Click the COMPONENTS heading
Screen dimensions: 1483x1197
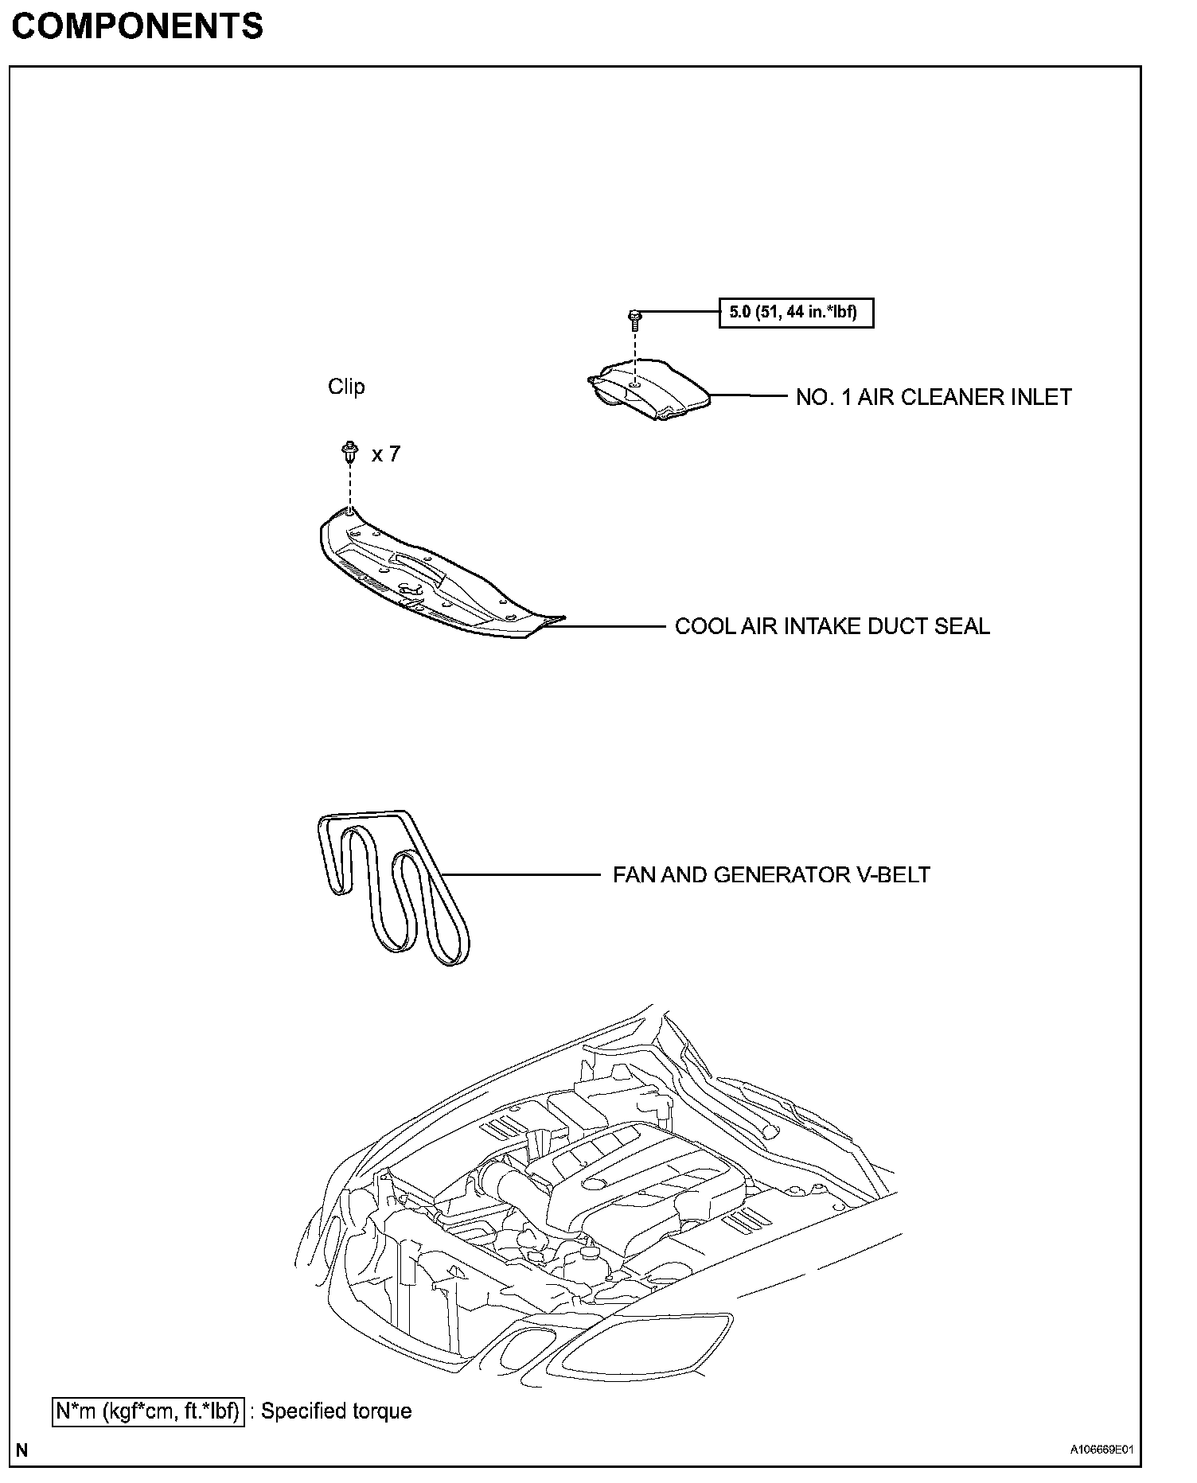[x=137, y=27]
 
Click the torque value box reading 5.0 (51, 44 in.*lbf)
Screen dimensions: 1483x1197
[x=795, y=313]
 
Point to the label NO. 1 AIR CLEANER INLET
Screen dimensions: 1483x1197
[x=934, y=397]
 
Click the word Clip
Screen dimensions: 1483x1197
[x=346, y=387]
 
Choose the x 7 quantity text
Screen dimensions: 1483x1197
[x=386, y=454]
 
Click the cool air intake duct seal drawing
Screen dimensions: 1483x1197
[x=430, y=577]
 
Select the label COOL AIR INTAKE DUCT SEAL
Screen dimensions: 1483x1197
[x=832, y=626]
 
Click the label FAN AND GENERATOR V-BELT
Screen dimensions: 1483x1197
[x=771, y=875]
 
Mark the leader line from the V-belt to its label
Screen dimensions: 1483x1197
[x=521, y=875]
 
